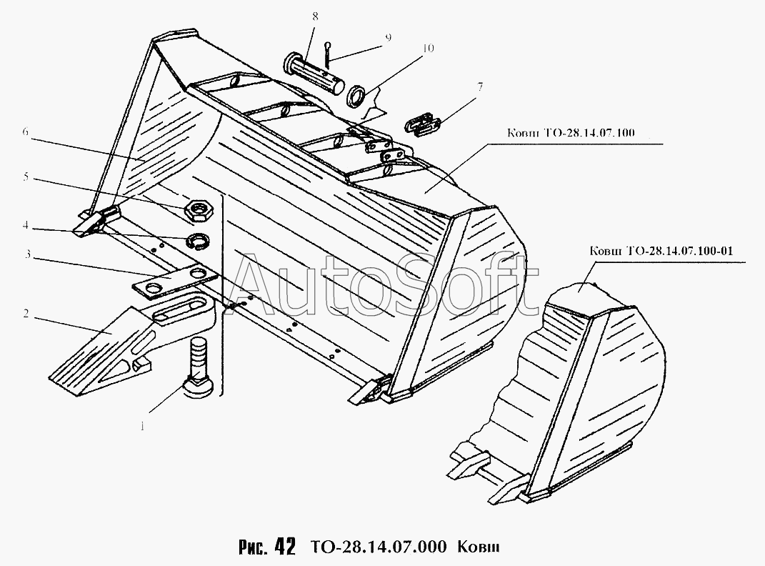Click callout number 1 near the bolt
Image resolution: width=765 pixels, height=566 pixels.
143,427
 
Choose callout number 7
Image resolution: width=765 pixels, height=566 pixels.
481,87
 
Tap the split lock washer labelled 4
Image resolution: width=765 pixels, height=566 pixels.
196,241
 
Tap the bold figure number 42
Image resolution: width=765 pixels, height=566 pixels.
284,547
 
